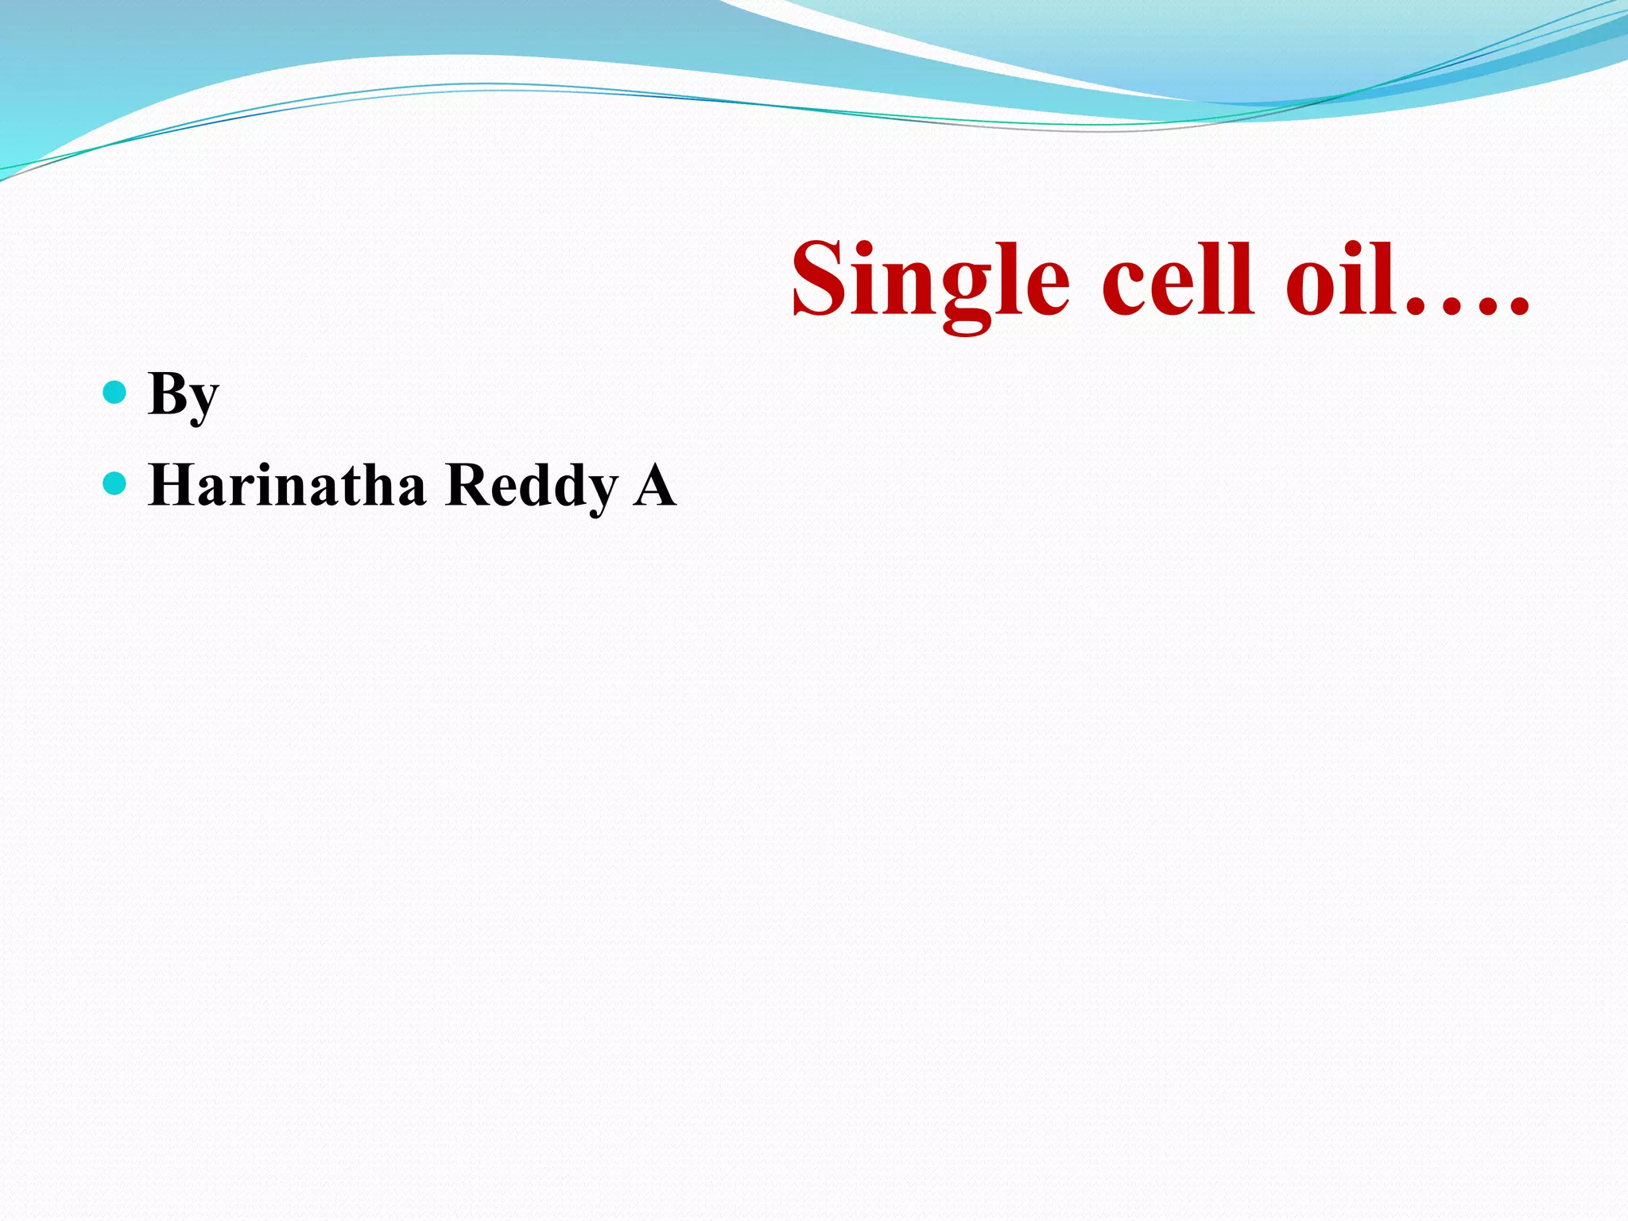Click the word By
tap(183, 395)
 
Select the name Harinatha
tap(287, 485)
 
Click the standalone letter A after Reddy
tap(654, 485)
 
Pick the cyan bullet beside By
tap(115, 392)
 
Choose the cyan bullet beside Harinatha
tap(115, 483)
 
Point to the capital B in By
tap(168, 393)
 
